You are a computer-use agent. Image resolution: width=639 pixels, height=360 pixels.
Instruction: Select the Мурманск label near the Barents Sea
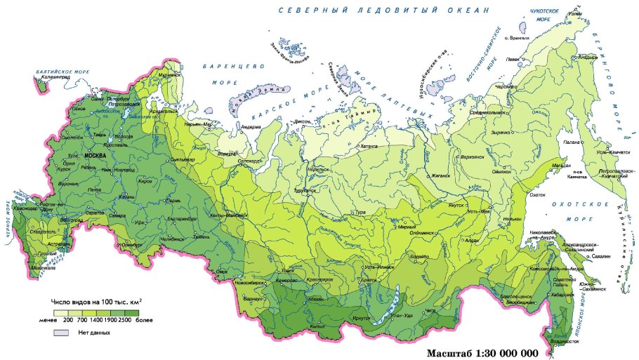(169, 74)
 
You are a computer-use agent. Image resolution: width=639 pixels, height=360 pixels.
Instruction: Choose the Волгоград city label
(70, 219)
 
